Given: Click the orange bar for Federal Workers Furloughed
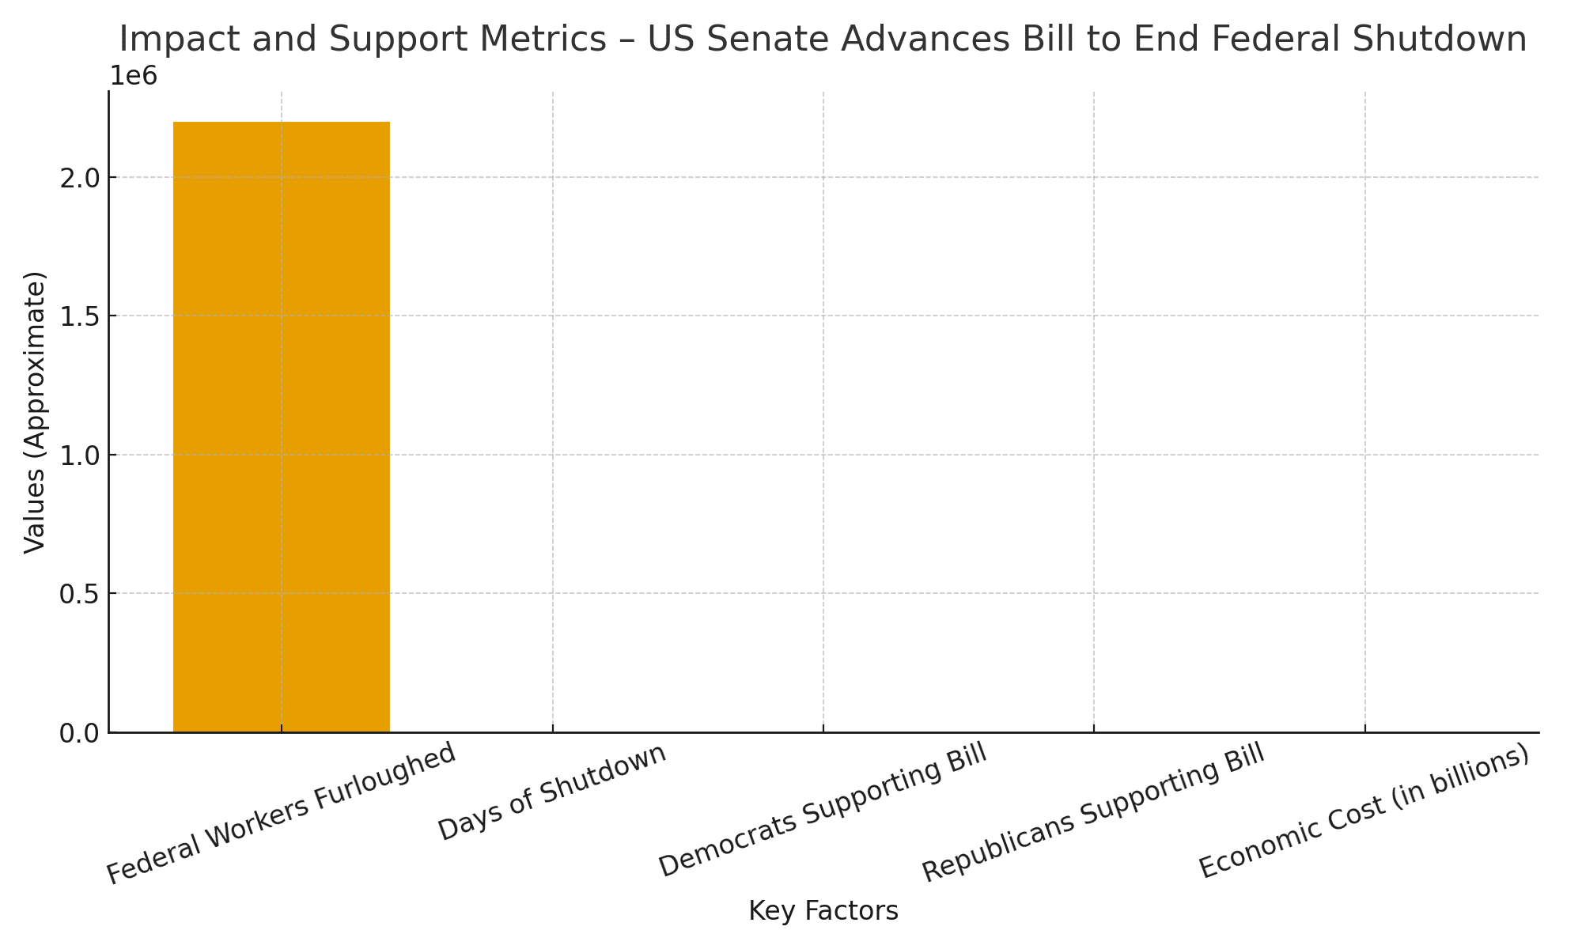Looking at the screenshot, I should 281,427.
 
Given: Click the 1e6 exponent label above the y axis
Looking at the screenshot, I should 134,77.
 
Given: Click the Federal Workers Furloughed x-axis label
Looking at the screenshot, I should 281,815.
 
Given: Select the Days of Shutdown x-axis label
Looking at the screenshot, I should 552,792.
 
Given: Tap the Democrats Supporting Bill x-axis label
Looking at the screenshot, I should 823,811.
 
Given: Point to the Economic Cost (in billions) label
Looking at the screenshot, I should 1364,811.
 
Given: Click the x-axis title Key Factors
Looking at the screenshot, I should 823,912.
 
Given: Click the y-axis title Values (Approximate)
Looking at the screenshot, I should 35,412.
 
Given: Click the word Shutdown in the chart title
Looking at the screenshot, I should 1447,40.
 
